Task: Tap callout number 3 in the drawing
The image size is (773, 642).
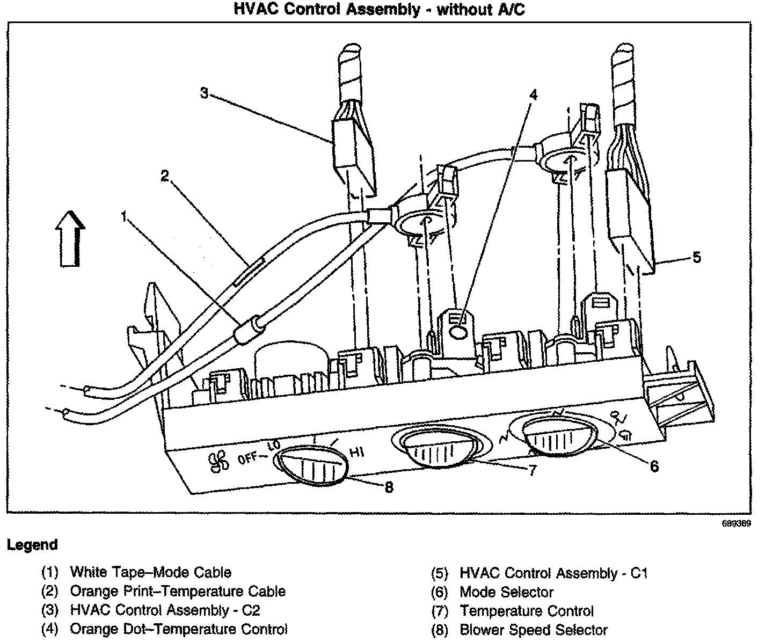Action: (x=204, y=93)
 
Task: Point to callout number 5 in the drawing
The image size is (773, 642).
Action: (x=696, y=257)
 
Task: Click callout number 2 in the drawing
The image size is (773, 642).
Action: (x=165, y=175)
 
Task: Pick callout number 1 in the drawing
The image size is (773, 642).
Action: (x=125, y=216)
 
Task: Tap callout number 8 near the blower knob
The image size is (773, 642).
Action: (x=389, y=487)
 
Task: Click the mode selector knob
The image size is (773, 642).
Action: (x=559, y=435)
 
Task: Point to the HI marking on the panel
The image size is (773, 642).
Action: (x=357, y=453)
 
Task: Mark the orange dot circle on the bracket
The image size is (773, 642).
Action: (x=458, y=333)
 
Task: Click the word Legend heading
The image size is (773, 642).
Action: (x=32, y=545)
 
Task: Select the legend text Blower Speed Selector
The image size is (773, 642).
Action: (x=534, y=630)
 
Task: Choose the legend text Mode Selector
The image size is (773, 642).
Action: (x=506, y=592)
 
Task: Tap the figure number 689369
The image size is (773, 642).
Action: (x=735, y=524)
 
